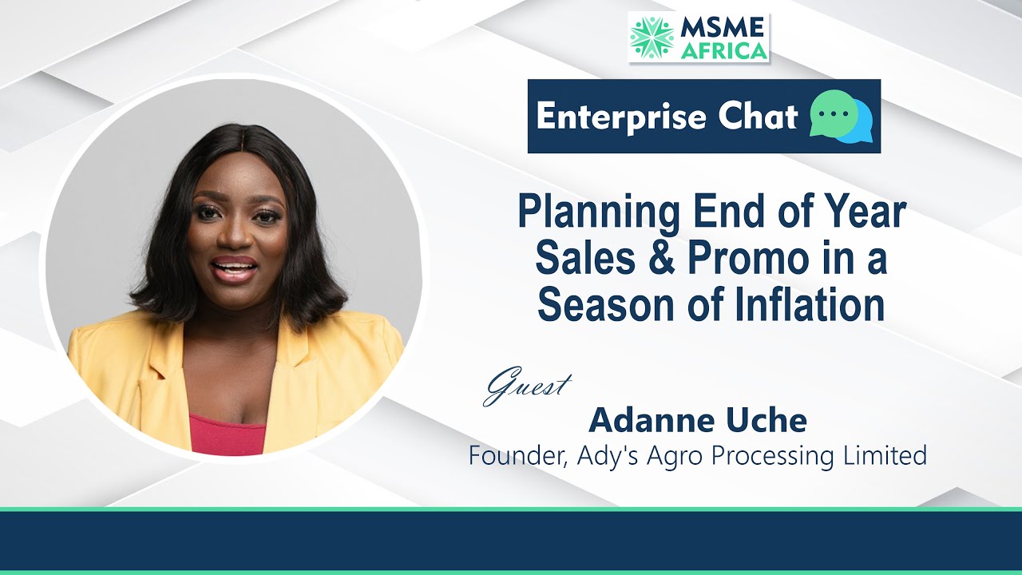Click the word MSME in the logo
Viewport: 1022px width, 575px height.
coord(723,26)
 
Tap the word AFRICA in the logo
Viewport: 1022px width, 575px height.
coord(723,50)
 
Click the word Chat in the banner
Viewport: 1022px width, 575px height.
coord(756,117)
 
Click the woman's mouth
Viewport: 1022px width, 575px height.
coord(234,268)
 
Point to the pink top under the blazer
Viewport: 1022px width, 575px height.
coord(228,436)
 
